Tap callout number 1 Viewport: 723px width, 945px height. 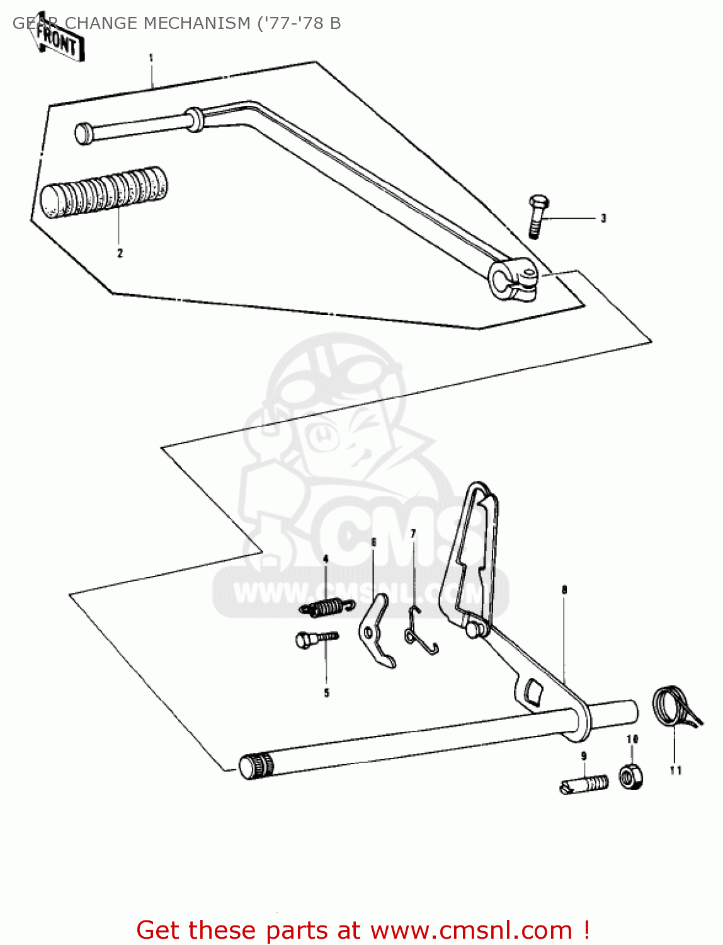pyautogui.click(x=151, y=58)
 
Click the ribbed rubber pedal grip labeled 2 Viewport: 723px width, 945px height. pyautogui.click(x=104, y=193)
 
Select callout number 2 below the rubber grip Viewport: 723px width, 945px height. pyautogui.click(x=120, y=253)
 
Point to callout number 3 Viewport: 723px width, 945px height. pyautogui.click(x=603, y=219)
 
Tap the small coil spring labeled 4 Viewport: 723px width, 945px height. pyautogui.click(x=324, y=608)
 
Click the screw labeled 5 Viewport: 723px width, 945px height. pyautogui.click(x=315, y=639)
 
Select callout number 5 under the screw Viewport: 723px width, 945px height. pyautogui.click(x=326, y=693)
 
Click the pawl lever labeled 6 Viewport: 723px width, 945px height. pyautogui.click(x=376, y=630)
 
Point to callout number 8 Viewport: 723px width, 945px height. pyautogui.click(x=564, y=590)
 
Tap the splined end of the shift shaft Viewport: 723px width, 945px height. pyautogui.click(x=256, y=766)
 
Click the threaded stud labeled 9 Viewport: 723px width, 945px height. pyautogui.click(x=584, y=784)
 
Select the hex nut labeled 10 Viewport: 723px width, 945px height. pyautogui.click(x=630, y=776)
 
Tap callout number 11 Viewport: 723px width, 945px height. pyautogui.click(x=675, y=770)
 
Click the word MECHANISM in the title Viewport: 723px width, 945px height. pyautogui.click(x=196, y=23)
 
